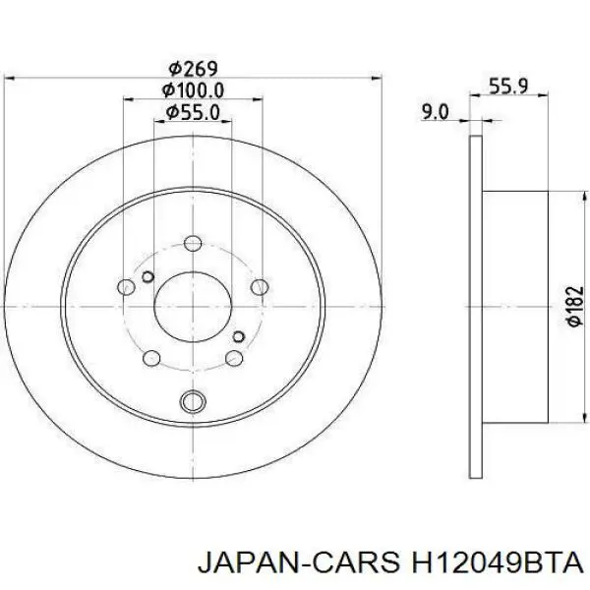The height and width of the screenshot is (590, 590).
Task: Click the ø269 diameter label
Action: (193, 68)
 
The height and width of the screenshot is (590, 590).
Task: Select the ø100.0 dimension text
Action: (193, 90)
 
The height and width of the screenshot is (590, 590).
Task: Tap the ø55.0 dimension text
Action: (193, 113)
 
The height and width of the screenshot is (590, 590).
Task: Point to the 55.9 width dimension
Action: (509, 86)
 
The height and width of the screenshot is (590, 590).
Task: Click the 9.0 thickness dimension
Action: (435, 112)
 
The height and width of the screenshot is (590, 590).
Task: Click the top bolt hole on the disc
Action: (194, 241)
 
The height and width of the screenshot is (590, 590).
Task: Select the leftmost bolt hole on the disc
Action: (126, 287)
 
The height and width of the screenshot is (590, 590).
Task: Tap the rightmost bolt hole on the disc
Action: (261, 287)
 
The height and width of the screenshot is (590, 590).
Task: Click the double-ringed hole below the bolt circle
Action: (194, 400)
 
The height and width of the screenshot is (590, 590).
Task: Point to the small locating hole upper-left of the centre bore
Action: (147, 275)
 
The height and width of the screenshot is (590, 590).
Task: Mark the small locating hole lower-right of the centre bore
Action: (239, 336)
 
